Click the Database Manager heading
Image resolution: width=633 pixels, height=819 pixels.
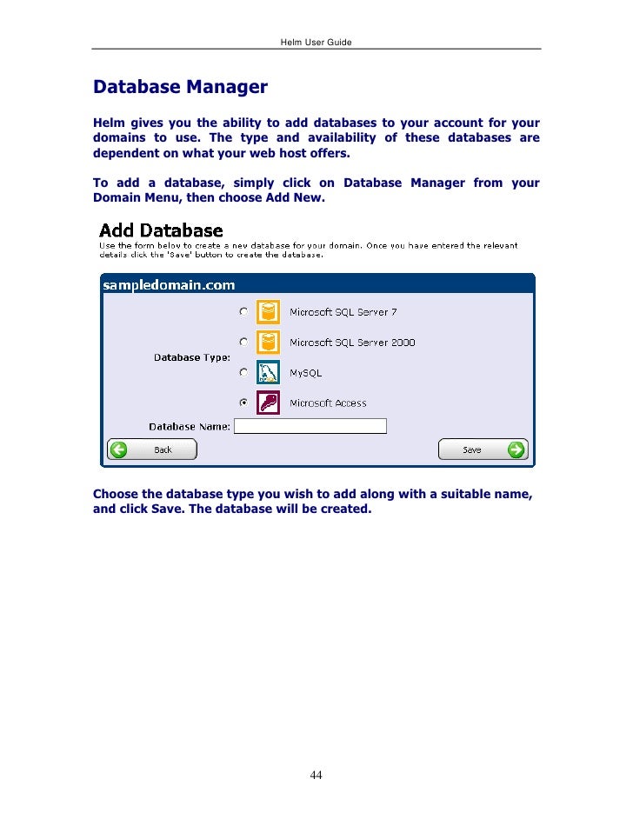180,88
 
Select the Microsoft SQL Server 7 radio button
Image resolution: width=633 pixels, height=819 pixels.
244,311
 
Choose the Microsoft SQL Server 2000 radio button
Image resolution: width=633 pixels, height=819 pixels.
244,342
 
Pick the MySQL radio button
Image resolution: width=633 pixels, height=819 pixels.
244,372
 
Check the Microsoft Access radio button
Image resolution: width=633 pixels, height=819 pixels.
244,403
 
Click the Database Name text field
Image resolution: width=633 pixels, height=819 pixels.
310,427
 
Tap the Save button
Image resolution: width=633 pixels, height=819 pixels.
483,449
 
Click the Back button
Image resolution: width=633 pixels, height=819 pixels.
152,449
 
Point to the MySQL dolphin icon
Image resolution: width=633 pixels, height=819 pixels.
268,372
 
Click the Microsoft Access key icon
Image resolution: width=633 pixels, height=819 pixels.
268,403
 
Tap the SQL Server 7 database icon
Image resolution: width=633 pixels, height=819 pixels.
268,311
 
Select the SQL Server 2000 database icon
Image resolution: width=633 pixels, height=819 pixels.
268,342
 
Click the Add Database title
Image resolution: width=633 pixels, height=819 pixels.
161,231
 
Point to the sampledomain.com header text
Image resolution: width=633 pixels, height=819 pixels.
169,284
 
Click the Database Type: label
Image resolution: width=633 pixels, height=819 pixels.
192,357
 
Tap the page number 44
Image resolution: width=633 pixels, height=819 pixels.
316,776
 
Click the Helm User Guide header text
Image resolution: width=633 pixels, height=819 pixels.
316,42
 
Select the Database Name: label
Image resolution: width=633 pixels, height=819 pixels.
190,427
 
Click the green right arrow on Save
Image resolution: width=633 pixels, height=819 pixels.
516,449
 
